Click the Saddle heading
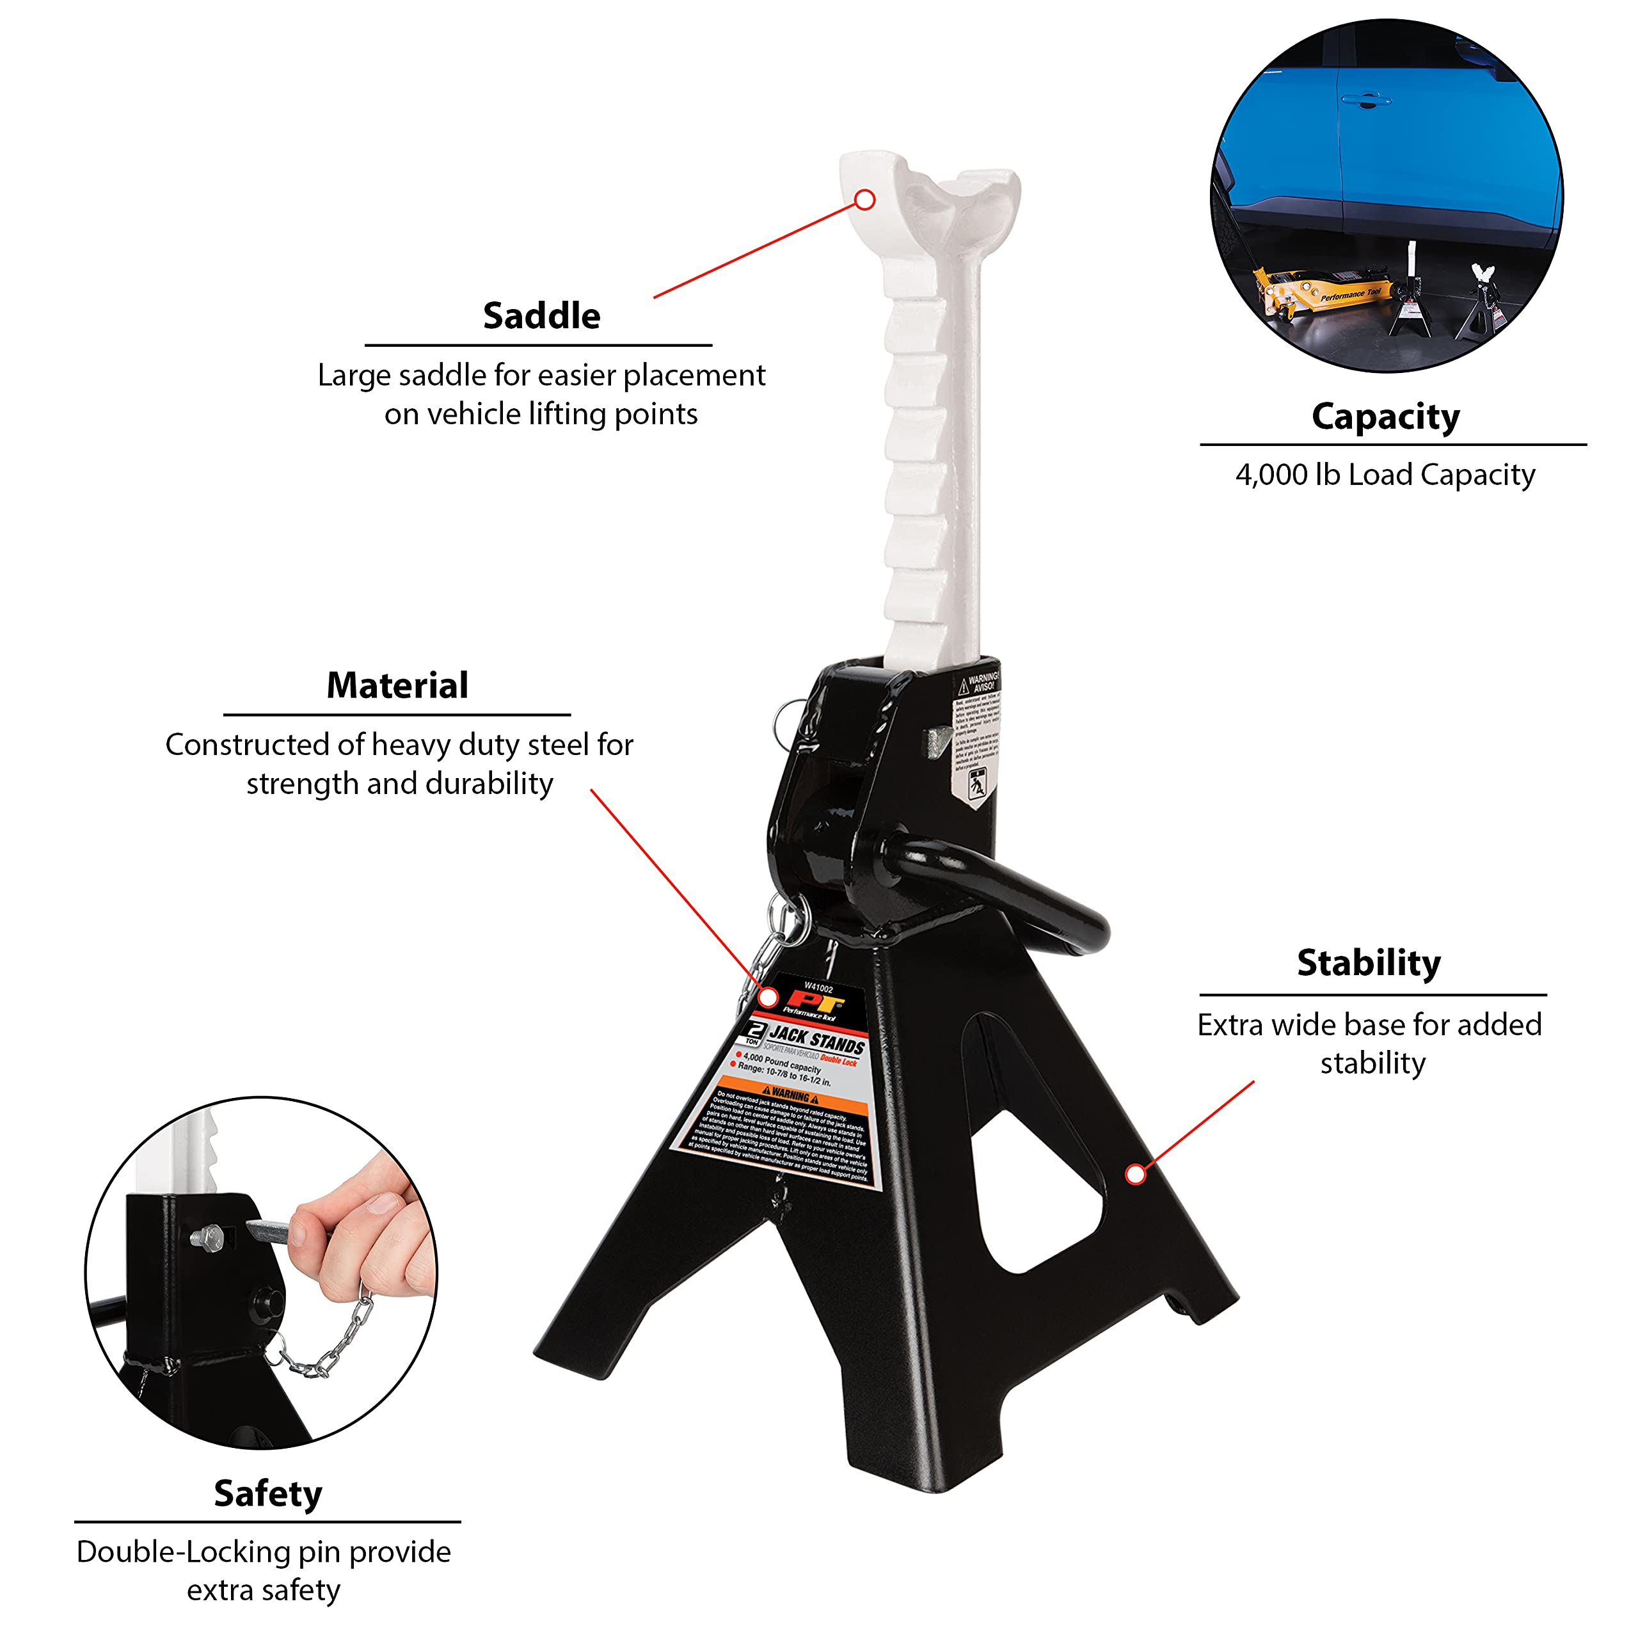(541, 316)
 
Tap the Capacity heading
(1385, 417)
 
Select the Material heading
(397, 685)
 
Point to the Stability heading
(1369, 962)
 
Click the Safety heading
(268, 1493)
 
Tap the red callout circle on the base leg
(1134, 1174)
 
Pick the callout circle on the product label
(768, 997)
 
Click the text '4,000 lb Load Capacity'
(1385, 475)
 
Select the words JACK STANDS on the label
(816, 1040)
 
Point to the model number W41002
(818, 989)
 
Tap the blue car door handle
(1365, 101)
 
